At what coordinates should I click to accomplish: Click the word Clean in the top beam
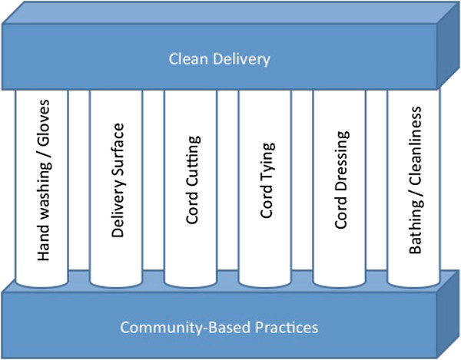tap(188, 59)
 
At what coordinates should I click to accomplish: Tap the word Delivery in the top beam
tap(242, 60)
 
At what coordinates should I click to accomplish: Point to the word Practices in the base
tap(287, 327)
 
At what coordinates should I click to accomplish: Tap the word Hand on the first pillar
tap(44, 243)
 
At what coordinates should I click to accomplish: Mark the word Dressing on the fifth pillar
tap(343, 160)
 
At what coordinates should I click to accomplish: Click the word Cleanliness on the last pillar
tap(415, 146)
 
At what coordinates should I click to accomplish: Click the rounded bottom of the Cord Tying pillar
tap(264, 284)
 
